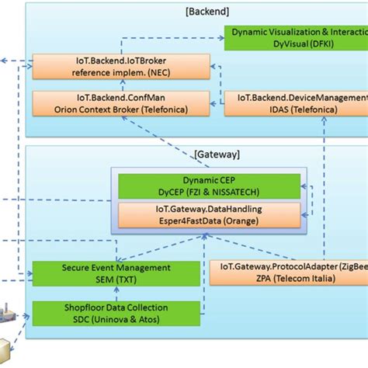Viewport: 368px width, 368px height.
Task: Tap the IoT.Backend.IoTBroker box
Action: coord(120,67)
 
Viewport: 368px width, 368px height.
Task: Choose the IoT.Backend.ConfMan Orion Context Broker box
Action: coord(120,103)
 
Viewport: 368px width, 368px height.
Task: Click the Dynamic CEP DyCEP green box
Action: coord(208,185)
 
